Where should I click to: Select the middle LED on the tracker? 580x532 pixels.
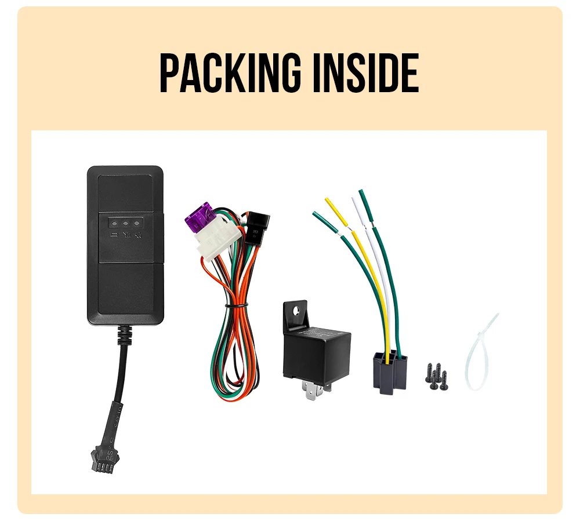(x=125, y=222)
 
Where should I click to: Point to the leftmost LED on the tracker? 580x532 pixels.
(x=114, y=222)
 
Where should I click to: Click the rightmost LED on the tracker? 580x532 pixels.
(x=137, y=222)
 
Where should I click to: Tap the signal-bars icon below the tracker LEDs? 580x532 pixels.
(x=126, y=235)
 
